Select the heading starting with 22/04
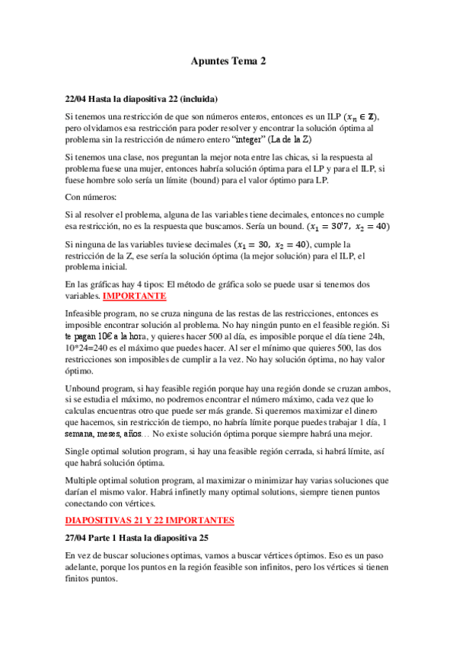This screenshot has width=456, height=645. point(142,99)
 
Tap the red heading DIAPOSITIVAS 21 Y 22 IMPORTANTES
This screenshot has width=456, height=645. point(149,520)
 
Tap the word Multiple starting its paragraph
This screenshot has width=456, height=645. point(85,481)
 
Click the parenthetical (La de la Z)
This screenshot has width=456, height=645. point(291,140)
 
